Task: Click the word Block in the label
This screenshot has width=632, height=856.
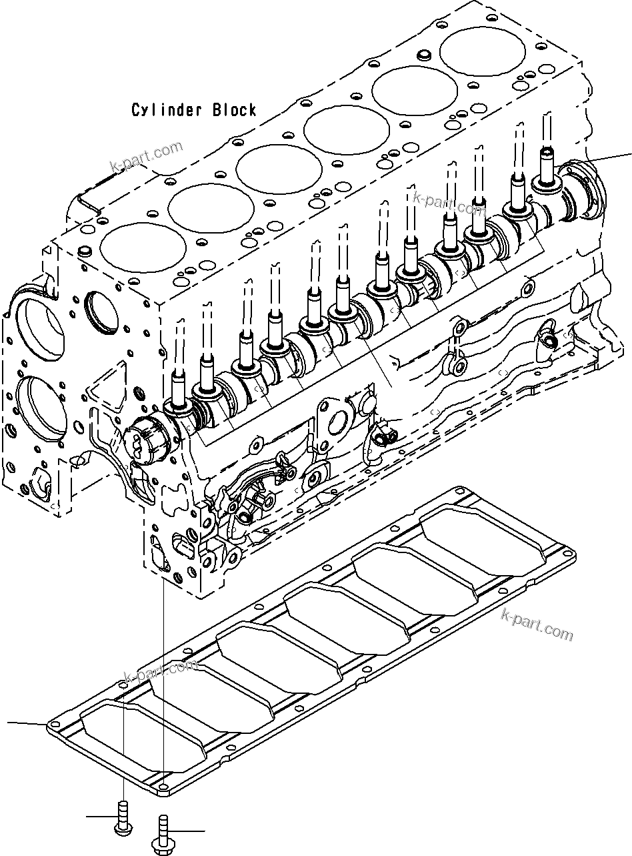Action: point(234,110)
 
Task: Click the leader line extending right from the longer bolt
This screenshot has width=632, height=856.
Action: point(187,831)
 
